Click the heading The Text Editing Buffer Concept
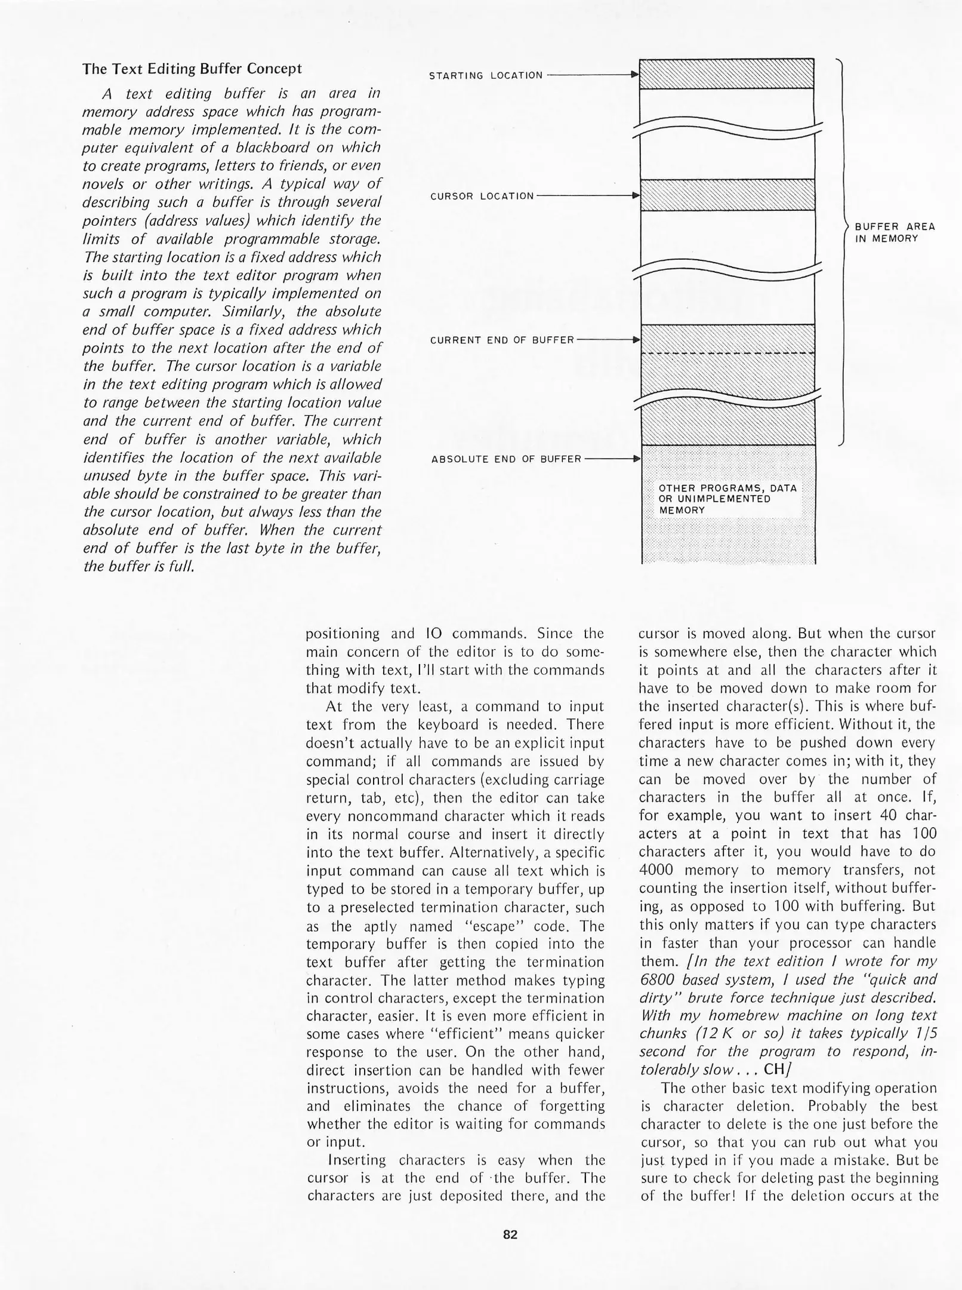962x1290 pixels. (192, 69)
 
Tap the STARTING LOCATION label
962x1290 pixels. (486, 75)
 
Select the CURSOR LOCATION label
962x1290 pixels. (482, 196)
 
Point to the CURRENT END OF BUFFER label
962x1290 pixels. (502, 340)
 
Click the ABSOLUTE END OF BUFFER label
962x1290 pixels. (506, 459)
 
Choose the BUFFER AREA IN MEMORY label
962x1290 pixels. (895, 232)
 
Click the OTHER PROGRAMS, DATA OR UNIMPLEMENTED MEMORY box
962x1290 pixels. (727, 499)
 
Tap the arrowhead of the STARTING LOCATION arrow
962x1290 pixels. (635, 75)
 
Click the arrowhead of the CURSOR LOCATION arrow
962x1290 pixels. (635, 195)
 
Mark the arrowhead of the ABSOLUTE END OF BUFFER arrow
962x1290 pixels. (635, 459)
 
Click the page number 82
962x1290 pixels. (510, 1235)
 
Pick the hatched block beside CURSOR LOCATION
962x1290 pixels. (726, 195)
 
